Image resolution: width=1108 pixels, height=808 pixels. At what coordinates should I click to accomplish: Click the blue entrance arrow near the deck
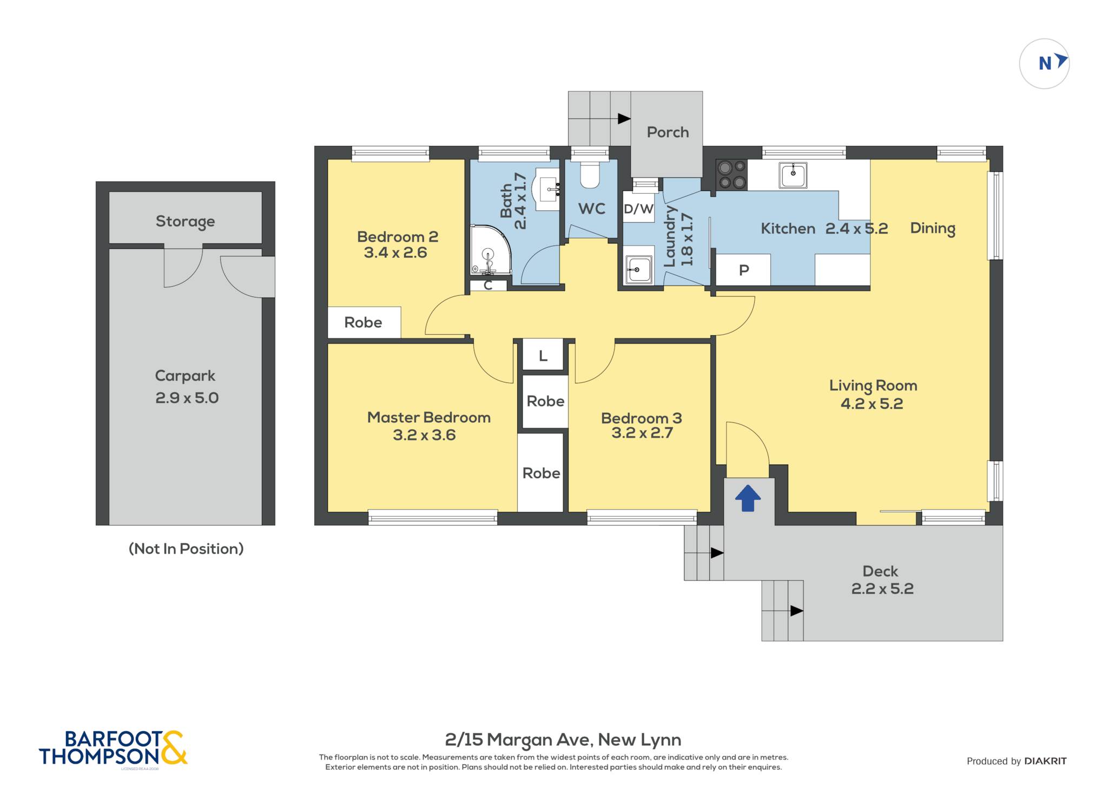748,498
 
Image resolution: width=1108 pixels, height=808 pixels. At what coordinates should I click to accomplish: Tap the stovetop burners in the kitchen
731,175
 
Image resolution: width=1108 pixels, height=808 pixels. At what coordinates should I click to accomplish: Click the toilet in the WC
589,175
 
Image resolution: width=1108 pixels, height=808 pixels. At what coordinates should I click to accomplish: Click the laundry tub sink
638,269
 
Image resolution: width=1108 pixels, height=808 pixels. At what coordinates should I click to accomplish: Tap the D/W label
638,209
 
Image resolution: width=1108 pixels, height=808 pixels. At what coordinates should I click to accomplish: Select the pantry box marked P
743,270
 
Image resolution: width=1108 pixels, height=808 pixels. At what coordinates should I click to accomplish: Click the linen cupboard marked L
543,355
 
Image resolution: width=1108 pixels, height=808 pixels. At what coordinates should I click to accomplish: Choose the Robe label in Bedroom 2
363,322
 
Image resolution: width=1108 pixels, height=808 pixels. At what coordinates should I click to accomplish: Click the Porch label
668,132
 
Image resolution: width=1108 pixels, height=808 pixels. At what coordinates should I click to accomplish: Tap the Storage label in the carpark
185,221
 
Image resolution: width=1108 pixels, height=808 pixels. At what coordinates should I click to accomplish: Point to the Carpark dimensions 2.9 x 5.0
187,398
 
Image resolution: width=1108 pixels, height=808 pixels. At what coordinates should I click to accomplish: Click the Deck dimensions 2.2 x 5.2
882,588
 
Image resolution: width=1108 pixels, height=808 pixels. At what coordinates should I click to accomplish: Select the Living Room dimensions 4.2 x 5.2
872,403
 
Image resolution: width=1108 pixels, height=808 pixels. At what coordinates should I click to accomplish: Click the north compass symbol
1044,64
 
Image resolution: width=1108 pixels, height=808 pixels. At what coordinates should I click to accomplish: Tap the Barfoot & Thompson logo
113,749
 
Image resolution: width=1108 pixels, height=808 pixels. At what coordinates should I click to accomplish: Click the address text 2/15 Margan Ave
519,740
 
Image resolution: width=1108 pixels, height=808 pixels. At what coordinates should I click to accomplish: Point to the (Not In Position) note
186,548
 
